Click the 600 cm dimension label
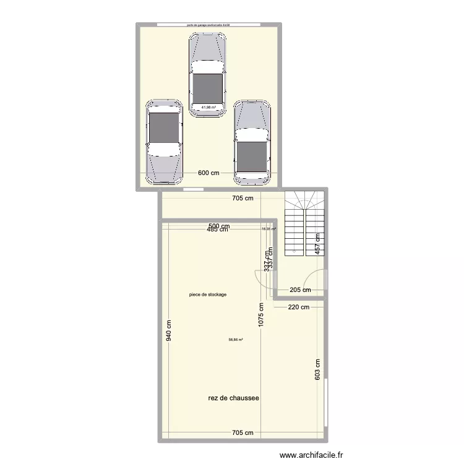209,173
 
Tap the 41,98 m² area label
208,107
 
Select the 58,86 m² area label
236,339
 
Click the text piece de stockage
208,294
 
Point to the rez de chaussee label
233,398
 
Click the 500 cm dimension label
219,226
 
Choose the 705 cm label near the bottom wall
243,433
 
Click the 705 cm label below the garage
243,199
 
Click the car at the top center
207,74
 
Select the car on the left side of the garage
164,142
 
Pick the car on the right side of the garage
252,143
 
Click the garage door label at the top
209,25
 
